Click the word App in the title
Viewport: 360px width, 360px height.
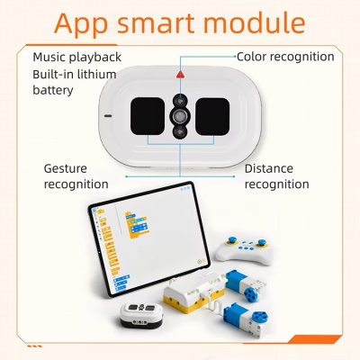click(x=81, y=23)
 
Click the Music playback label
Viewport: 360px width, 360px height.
click(x=77, y=57)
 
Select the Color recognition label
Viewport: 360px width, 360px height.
click(x=285, y=57)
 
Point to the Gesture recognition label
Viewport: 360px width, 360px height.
click(x=76, y=176)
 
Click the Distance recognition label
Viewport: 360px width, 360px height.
click(x=276, y=176)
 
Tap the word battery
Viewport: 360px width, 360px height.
click(x=53, y=90)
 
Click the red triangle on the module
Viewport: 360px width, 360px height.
click(x=180, y=75)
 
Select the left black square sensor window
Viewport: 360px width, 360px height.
click(x=148, y=116)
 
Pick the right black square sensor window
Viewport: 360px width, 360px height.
click(x=212, y=116)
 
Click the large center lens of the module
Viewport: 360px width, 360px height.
click(x=180, y=116)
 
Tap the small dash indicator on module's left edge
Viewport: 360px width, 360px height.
click(x=108, y=116)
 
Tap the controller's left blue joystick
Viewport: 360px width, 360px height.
click(x=232, y=240)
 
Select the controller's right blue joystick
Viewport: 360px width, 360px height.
click(x=262, y=242)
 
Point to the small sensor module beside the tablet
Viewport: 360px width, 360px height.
click(x=141, y=316)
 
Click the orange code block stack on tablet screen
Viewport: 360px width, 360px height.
click(x=137, y=225)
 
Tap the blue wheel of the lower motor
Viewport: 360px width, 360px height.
click(x=259, y=319)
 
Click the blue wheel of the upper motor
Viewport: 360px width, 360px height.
click(x=250, y=295)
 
